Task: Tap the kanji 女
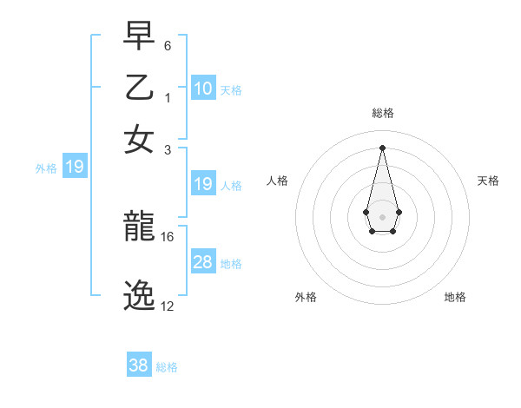click(x=140, y=138)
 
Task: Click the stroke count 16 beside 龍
click(x=168, y=236)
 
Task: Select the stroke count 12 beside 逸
click(x=168, y=306)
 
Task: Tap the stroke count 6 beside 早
click(x=167, y=44)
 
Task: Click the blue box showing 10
click(x=203, y=89)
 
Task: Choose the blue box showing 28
click(x=203, y=262)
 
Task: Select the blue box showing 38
click(x=139, y=365)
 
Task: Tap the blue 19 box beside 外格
click(x=75, y=167)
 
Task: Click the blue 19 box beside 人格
click(x=203, y=184)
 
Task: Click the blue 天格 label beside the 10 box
click(x=231, y=90)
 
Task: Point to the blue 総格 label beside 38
click(x=167, y=367)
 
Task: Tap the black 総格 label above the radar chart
click(x=383, y=113)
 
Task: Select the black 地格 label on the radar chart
click(x=455, y=297)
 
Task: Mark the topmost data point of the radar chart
click(x=382, y=147)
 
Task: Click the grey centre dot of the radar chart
click(x=382, y=215)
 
